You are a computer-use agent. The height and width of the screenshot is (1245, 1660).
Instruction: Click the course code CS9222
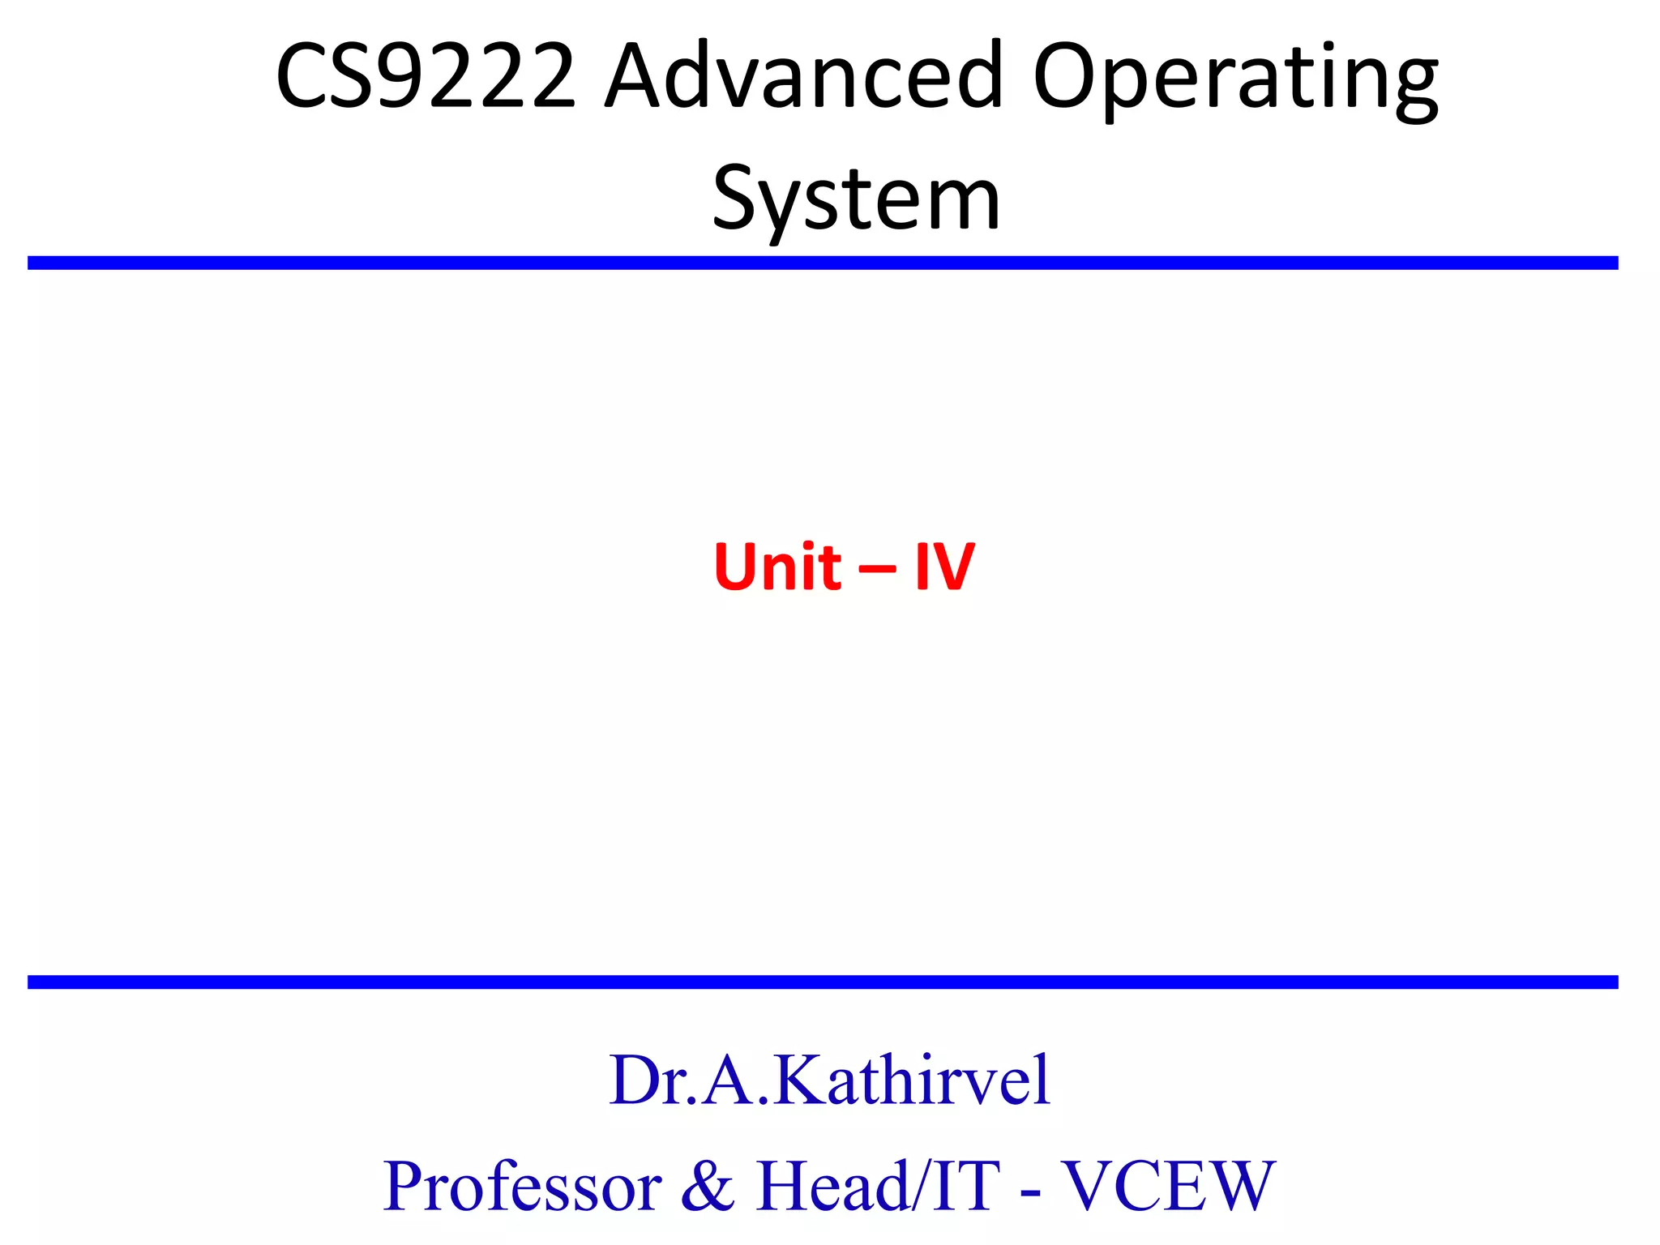(x=426, y=77)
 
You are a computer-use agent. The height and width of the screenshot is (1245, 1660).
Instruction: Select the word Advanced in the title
(x=803, y=77)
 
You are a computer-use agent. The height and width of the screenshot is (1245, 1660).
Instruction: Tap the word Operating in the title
(x=1235, y=81)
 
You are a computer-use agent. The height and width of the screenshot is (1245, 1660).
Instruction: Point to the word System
(x=856, y=199)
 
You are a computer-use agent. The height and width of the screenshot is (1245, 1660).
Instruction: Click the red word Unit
(x=777, y=567)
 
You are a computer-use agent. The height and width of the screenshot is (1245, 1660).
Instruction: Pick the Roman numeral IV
(x=944, y=567)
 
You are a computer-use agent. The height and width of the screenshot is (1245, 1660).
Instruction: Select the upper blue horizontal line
(x=823, y=263)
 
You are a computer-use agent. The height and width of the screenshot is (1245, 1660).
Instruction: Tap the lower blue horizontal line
(x=823, y=982)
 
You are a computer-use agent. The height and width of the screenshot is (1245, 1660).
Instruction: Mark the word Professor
(x=522, y=1187)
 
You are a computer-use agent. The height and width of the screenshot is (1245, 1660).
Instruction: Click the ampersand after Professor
(x=708, y=1187)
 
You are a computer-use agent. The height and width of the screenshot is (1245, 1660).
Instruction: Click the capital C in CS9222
(x=306, y=77)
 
